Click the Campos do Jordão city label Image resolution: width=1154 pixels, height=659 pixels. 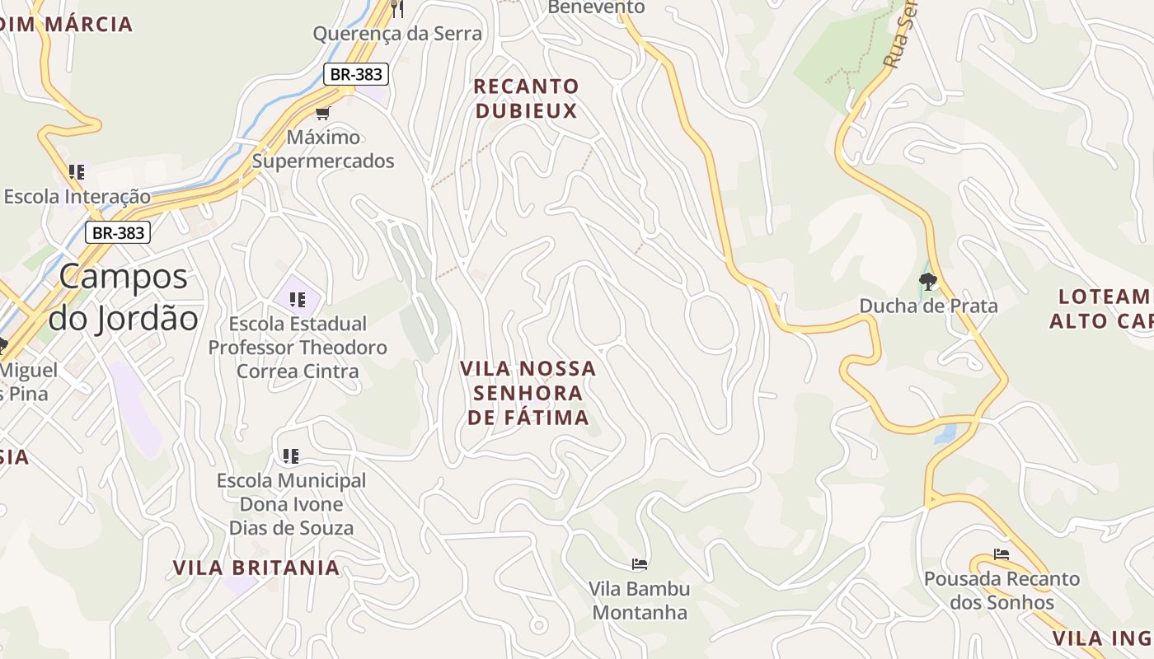point(124,297)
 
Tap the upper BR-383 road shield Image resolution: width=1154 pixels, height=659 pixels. point(355,74)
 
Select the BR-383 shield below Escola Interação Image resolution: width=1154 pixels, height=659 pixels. point(118,233)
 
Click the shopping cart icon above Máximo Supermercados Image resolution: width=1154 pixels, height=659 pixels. point(322,113)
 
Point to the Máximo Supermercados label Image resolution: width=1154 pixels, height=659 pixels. point(323,149)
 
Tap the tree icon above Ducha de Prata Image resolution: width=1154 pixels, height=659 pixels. point(928,282)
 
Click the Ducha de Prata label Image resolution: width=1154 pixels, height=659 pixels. point(928,306)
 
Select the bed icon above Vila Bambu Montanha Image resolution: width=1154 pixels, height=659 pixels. point(639,564)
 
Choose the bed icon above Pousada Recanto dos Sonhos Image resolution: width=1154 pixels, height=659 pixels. point(1002,554)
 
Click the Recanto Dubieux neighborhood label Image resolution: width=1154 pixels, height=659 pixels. point(526,99)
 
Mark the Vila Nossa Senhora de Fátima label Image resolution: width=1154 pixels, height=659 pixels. point(528,393)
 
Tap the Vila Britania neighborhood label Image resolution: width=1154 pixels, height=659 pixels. point(256,568)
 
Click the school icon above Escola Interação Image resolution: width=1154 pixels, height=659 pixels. point(77,172)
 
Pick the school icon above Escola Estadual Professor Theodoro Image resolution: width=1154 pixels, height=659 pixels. point(298,300)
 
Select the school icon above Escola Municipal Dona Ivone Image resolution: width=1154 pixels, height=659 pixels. point(290,456)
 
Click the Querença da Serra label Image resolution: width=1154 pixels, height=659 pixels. point(397,34)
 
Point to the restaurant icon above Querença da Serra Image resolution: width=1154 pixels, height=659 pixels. point(397,8)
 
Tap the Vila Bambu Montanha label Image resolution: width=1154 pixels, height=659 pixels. point(639,601)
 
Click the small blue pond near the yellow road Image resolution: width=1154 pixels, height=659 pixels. point(945,433)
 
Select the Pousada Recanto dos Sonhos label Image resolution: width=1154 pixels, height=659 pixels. point(1002,591)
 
